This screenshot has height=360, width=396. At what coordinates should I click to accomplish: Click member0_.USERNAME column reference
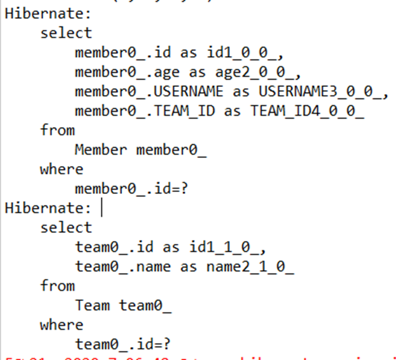point(149,91)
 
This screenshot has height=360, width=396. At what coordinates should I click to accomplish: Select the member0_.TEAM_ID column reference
point(145,111)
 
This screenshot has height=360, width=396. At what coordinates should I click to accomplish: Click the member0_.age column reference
point(127,72)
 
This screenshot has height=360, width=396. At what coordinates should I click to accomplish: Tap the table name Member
point(100,149)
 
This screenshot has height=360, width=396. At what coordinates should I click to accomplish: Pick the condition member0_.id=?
point(131,188)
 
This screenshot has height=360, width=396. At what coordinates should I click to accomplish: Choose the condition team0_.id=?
point(123,344)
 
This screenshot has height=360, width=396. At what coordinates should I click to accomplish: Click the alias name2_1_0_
point(250,266)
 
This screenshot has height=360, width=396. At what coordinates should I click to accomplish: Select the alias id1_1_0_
point(228,247)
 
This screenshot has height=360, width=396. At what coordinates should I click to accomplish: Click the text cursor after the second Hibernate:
point(102,207)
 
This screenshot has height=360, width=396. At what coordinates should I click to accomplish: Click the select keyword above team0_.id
point(66,227)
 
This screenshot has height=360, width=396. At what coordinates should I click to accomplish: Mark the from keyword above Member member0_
point(57,130)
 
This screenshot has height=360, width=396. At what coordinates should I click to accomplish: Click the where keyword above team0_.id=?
point(61,325)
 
